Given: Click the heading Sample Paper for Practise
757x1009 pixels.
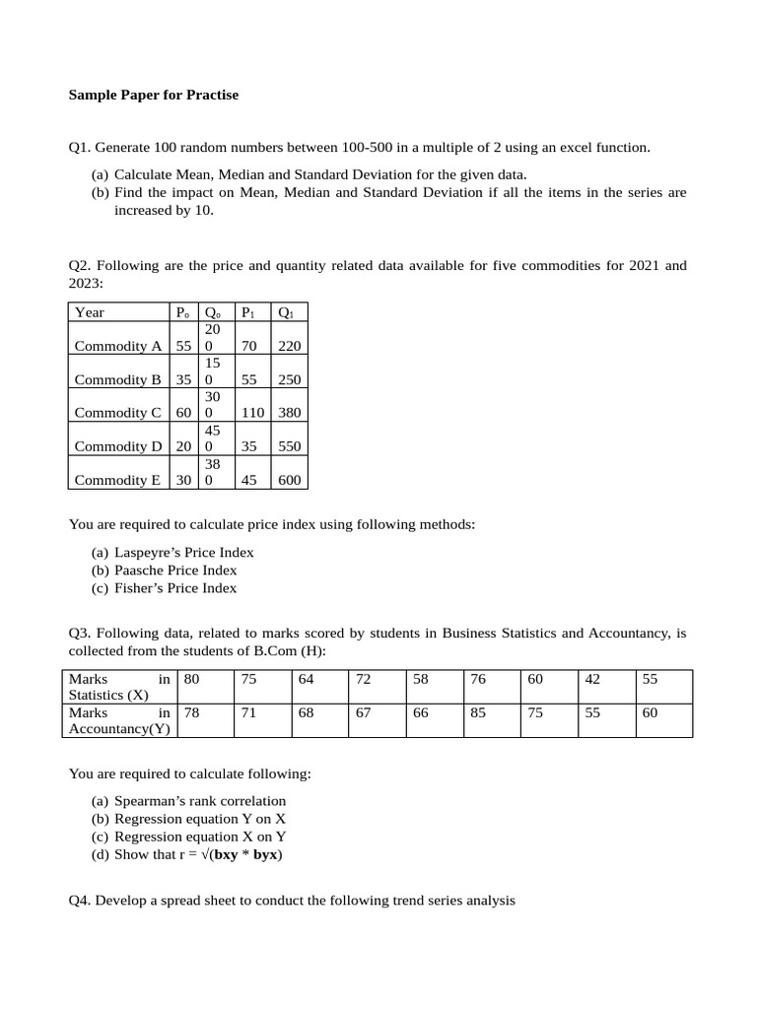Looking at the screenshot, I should [x=153, y=96].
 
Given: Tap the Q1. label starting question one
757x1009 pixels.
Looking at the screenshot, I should [x=80, y=148].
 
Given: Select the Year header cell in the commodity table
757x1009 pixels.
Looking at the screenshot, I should [x=90, y=312].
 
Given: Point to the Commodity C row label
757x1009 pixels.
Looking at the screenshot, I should [x=117, y=413].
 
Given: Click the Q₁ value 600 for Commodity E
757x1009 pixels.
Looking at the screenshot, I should [x=290, y=480].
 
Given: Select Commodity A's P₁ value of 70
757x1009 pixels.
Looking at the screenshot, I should [x=249, y=346].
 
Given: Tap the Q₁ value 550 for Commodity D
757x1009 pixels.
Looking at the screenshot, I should [x=290, y=446].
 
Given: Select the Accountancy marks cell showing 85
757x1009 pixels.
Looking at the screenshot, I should [x=478, y=712].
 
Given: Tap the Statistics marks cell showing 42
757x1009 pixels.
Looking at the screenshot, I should [x=592, y=679].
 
